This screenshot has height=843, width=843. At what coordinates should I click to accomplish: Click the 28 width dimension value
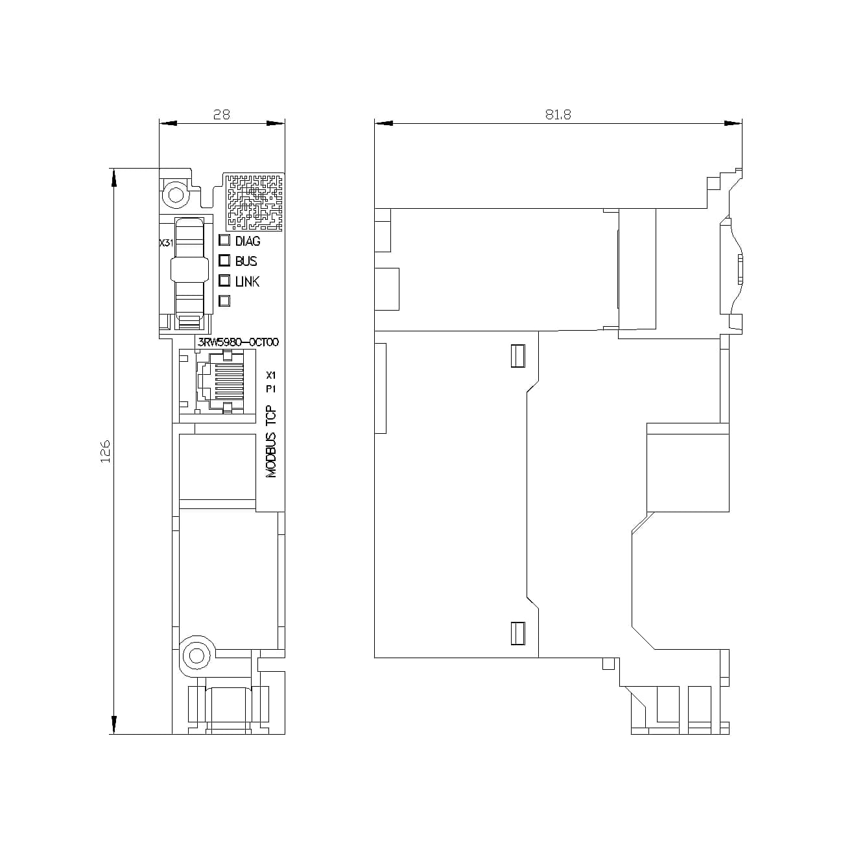pos(221,114)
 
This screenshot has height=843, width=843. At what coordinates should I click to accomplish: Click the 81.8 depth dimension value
pos(558,114)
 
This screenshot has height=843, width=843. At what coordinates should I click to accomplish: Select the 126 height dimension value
pos(106,451)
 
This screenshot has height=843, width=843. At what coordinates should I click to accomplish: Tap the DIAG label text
pos(248,241)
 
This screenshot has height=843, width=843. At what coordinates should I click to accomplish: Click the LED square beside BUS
pos(225,261)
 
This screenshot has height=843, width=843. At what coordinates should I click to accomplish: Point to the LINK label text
pos(247,281)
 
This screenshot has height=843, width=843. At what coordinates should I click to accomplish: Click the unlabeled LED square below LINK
pos(225,301)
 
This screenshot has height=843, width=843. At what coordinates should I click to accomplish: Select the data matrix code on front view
pos(255,202)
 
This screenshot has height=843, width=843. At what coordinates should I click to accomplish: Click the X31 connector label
pos(166,243)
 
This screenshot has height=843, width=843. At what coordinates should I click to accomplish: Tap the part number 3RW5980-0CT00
pos(237,342)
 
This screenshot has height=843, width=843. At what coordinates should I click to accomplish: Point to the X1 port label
pos(271,375)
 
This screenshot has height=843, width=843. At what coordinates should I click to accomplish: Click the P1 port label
pos(271,389)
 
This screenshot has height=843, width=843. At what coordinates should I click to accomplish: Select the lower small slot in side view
pos(517,634)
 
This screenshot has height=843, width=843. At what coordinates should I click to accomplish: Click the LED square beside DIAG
pos(225,241)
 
